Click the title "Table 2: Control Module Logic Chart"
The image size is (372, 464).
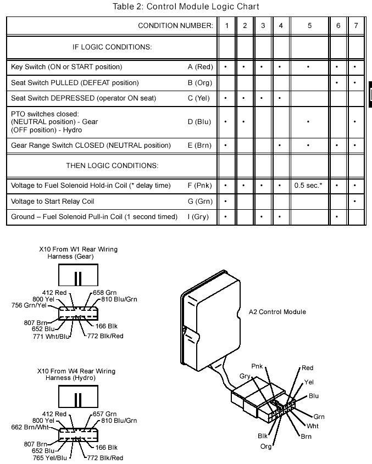pyautogui.click(x=186, y=7)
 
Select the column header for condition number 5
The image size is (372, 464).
pyautogui.click(x=309, y=25)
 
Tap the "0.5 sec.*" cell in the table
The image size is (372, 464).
pyautogui.click(x=308, y=186)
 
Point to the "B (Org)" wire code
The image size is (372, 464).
pyautogui.click(x=199, y=82)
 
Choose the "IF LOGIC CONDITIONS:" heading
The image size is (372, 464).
pyautogui.click(x=112, y=47)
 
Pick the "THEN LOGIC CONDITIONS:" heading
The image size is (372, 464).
pyautogui.click(x=112, y=165)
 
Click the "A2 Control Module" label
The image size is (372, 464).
pyautogui.click(x=277, y=312)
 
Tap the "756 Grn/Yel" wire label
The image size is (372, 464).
pyautogui.click(x=30, y=305)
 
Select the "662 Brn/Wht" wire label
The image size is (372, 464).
pyautogui.click(x=30, y=427)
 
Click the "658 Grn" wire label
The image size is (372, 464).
pyautogui.click(x=104, y=293)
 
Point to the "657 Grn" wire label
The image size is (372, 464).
pyautogui.click(x=104, y=414)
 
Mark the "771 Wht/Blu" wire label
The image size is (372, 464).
pyautogui.click(x=52, y=336)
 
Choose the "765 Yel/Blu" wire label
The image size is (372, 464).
pyautogui.click(x=49, y=457)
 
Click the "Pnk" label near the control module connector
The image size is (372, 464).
pyautogui.click(x=257, y=366)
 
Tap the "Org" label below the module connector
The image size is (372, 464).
pyautogui.click(x=266, y=446)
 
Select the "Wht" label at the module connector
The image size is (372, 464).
pyautogui.click(x=313, y=426)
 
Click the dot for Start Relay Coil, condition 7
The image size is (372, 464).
pyautogui.click(x=356, y=201)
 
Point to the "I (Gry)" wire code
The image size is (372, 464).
pyautogui.click(x=198, y=216)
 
